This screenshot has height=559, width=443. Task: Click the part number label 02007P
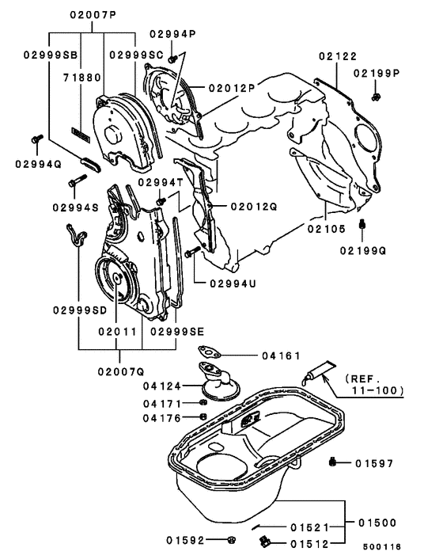tap(93, 14)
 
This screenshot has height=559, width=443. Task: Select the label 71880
tap(78, 79)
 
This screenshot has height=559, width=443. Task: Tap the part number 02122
tap(338, 56)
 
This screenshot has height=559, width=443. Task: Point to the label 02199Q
tap(364, 251)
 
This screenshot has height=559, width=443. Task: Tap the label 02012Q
tap(254, 206)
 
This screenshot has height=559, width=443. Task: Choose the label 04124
tap(163, 386)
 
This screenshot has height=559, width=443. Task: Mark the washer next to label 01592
tap(230, 540)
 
